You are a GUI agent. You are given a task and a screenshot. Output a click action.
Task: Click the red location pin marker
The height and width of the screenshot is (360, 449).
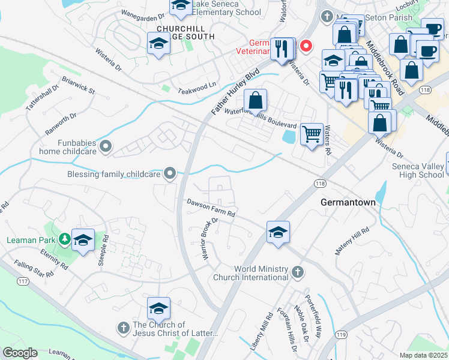(306, 46)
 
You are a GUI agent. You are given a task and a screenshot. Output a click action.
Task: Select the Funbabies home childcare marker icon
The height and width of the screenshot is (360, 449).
(106, 146)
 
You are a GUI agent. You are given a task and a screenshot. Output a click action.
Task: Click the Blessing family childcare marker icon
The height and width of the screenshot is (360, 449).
(170, 174)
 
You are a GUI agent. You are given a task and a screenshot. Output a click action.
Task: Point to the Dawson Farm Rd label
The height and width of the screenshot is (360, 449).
(210, 209)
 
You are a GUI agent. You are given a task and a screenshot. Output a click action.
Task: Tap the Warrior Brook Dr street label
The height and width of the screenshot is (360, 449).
(209, 238)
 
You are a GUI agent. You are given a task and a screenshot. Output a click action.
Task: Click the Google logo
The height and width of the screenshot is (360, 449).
(20, 353)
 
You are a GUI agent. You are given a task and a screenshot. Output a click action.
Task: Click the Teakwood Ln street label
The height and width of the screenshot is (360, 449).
(196, 86)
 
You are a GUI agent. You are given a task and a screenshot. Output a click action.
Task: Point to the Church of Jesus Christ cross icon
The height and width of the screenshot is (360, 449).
(122, 328)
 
